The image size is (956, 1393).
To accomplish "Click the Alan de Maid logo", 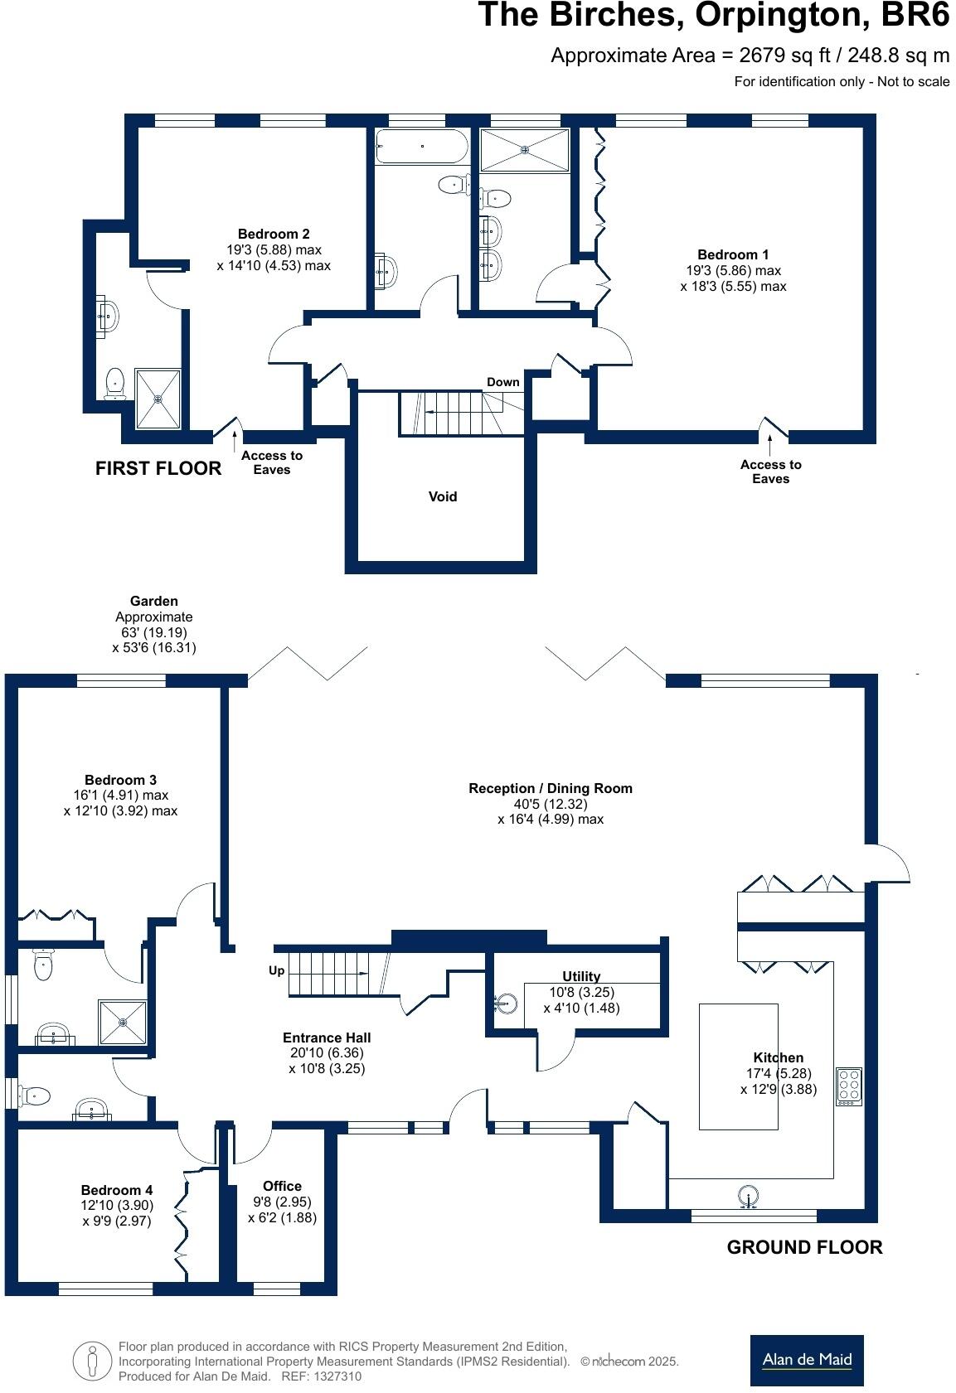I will click(806, 1360).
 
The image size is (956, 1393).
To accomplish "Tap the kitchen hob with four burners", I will click(848, 1086).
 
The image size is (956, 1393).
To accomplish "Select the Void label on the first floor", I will click(442, 496).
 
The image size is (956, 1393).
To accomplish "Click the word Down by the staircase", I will click(502, 382).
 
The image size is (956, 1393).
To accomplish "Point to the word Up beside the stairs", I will click(276, 970).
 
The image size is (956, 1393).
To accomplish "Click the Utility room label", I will click(580, 976).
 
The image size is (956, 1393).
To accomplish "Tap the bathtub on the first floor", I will click(421, 147).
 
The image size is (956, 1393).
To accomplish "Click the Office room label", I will click(282, 1186).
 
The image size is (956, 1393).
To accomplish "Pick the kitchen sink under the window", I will click(748, 1197).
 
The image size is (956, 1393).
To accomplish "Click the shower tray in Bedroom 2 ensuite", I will click(158, 399).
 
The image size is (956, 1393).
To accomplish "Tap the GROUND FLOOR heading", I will click(804, 1247).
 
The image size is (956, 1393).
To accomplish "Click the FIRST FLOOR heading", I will click(158, 468).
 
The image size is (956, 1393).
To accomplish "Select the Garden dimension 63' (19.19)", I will click(154, 632).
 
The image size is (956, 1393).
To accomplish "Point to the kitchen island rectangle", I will click(738, 1066).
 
